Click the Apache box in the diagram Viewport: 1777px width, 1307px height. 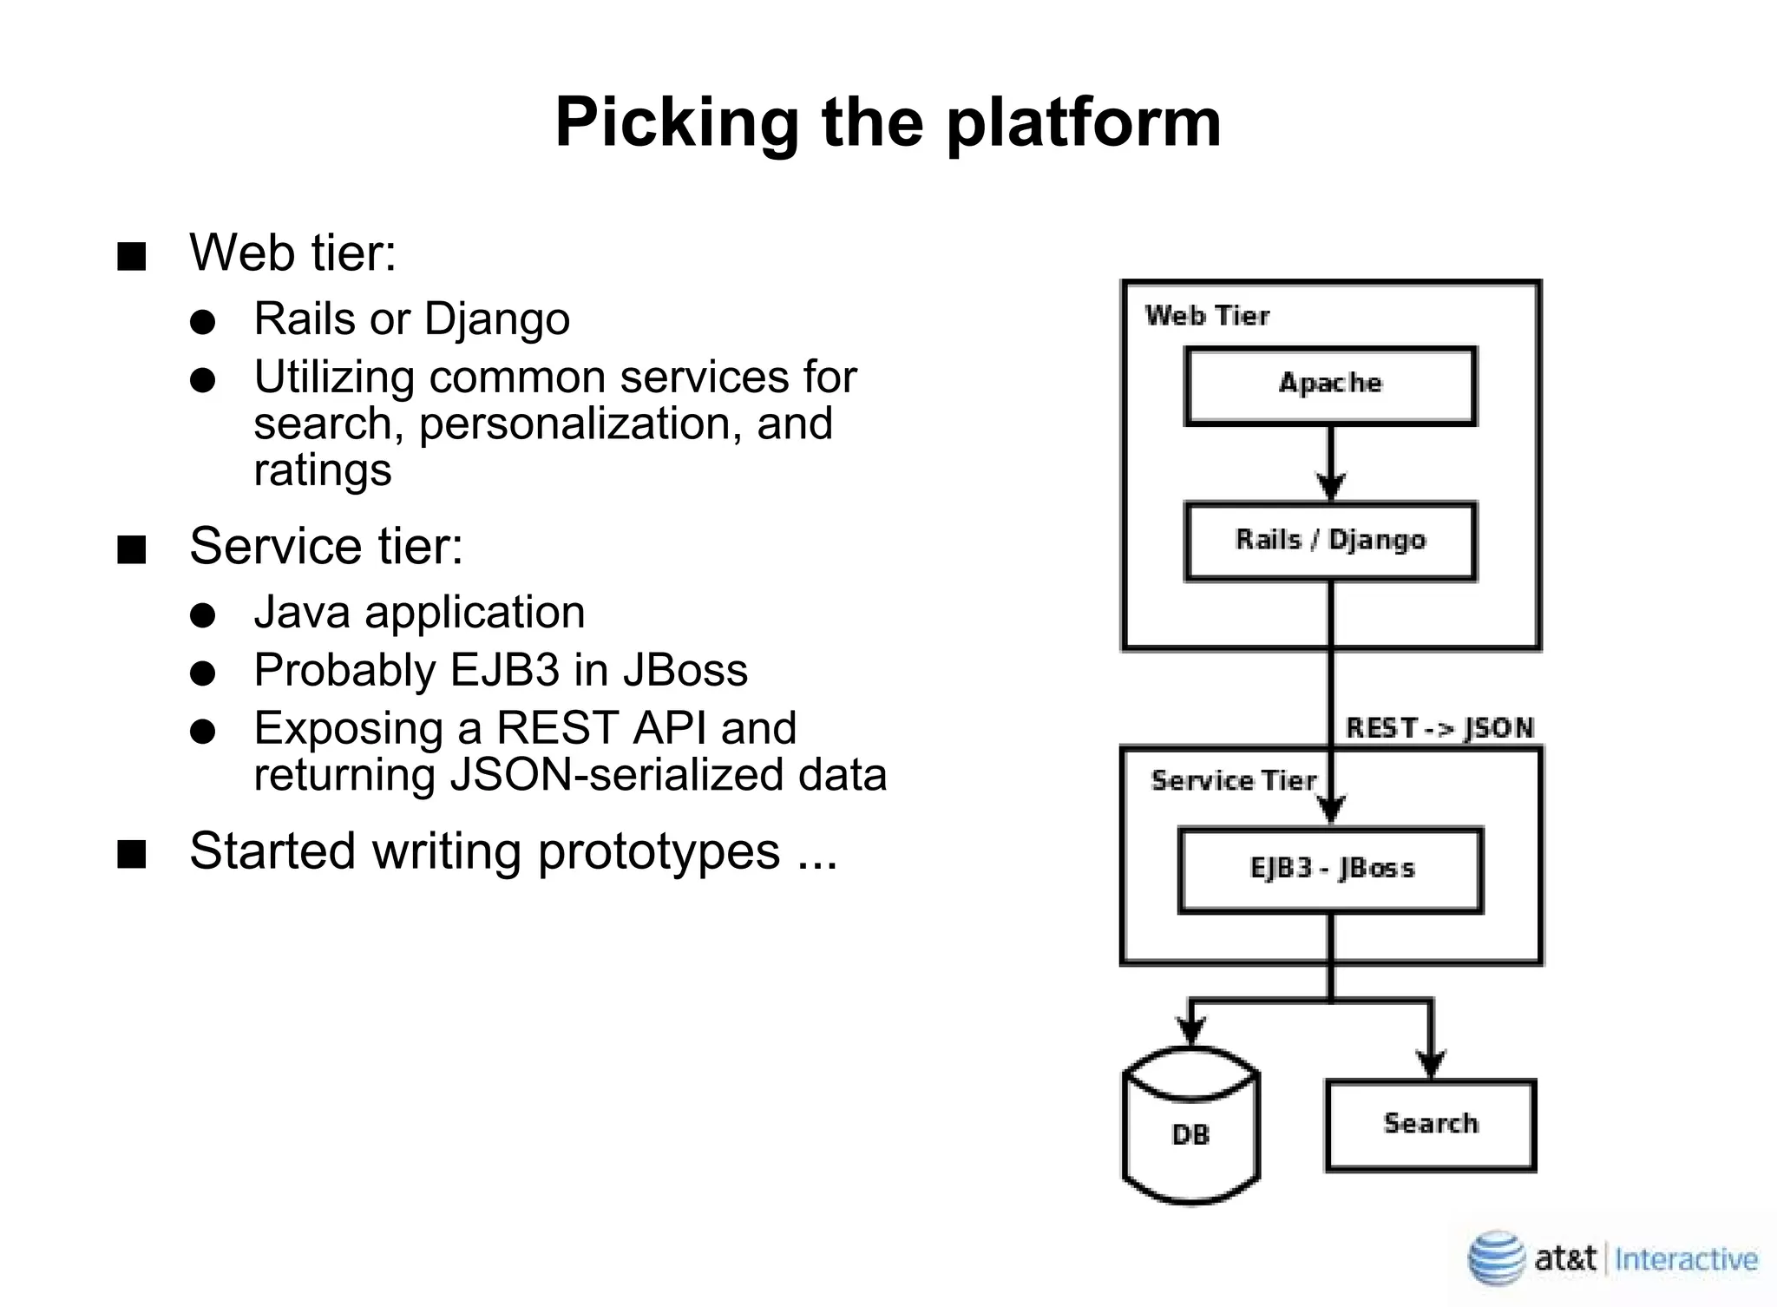coord(1330,385)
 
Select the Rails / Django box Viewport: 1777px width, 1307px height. coord(1330,541)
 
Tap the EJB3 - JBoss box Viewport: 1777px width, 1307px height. coord(1330,870)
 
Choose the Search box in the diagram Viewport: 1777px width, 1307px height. coord(1430,1125)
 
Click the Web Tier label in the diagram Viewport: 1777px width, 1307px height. coord(1207,316)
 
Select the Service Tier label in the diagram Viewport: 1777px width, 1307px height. coord(1233,781)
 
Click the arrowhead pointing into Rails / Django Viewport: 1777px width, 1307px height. coord(1330,486)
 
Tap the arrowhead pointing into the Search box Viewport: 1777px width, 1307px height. coord(1430,1063)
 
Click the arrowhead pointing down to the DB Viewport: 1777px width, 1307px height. coord(1190,1031)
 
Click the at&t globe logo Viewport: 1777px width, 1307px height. coord(1495,1258)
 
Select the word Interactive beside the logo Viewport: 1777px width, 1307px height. coord(1686,1259)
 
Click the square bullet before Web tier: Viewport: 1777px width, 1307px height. coord(132,257)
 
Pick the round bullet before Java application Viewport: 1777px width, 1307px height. coord(202,616)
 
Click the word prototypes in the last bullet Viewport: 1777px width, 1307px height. coord(659,851)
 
